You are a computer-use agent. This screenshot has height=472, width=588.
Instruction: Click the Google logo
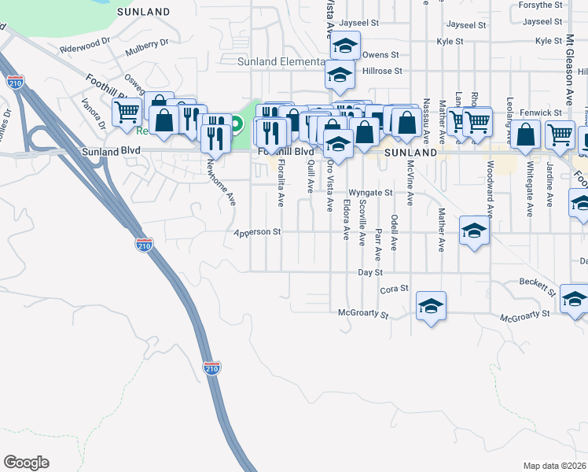26,463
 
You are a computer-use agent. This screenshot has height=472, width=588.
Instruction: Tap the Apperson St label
257,233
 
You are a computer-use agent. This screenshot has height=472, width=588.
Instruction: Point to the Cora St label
394,289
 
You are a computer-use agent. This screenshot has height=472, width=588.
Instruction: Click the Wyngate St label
370,192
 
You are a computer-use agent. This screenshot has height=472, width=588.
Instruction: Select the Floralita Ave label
281,183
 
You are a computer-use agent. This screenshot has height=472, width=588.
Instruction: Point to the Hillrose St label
382,71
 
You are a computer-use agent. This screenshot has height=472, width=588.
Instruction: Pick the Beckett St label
538,287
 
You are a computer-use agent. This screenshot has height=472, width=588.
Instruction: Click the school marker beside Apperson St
474,230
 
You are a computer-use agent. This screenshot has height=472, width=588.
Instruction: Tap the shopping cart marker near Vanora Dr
126,112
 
